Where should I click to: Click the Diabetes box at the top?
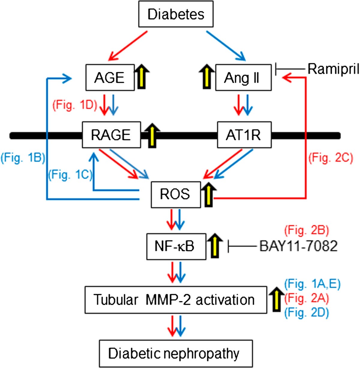(x=176, y=15)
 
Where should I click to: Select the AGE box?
(x=110, y=77)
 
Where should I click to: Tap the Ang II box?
(x=243, y=77)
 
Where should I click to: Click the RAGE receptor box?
(x=111, y=135)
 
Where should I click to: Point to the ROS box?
(x=175, y=194)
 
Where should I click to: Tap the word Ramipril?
(x=333, y=69)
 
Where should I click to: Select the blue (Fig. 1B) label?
(x=23, y=158)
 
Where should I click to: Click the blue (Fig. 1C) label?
(x=70, y=174)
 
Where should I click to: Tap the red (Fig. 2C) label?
(x=331, y=158)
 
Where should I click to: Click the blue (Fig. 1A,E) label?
(x=312, y=284)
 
